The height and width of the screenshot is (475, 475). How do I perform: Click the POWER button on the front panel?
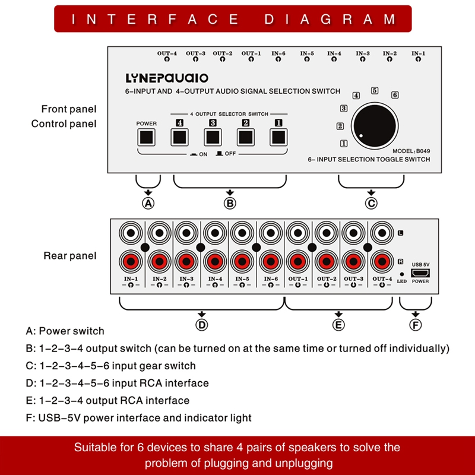tap(146, 137)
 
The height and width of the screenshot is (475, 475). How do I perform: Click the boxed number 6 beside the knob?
tap(395, 95)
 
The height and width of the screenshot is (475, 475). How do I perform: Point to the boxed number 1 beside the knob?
tap(343, 143)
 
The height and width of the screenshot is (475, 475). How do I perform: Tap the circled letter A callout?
tap(148, 203)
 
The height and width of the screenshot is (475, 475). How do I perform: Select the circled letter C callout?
tap(371, 203)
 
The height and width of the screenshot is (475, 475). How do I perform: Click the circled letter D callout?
tap(202, 324)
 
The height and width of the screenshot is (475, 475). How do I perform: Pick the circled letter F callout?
tap(416, 324)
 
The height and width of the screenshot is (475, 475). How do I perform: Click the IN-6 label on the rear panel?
tap(271, 279)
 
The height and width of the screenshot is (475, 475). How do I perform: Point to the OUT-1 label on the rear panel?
tap(298, 279)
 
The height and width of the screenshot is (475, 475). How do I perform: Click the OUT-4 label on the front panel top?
tap(167, 53)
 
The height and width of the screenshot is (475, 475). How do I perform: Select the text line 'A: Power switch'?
tap(65, 331)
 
